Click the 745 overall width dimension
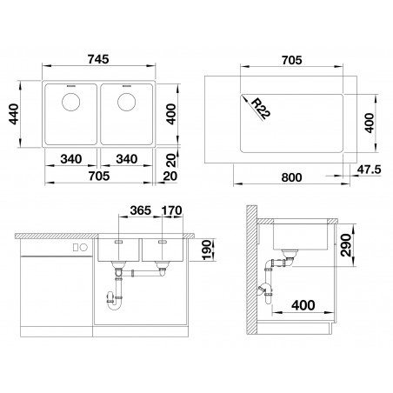click(98, 59)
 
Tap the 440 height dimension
click(14, 114)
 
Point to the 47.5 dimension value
click(369, 170)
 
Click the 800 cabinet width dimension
click(291, 177)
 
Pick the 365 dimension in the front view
click(141, 210)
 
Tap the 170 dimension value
click(172, 210)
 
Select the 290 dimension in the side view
click(346, 245)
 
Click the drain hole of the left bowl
click(71, 102)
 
